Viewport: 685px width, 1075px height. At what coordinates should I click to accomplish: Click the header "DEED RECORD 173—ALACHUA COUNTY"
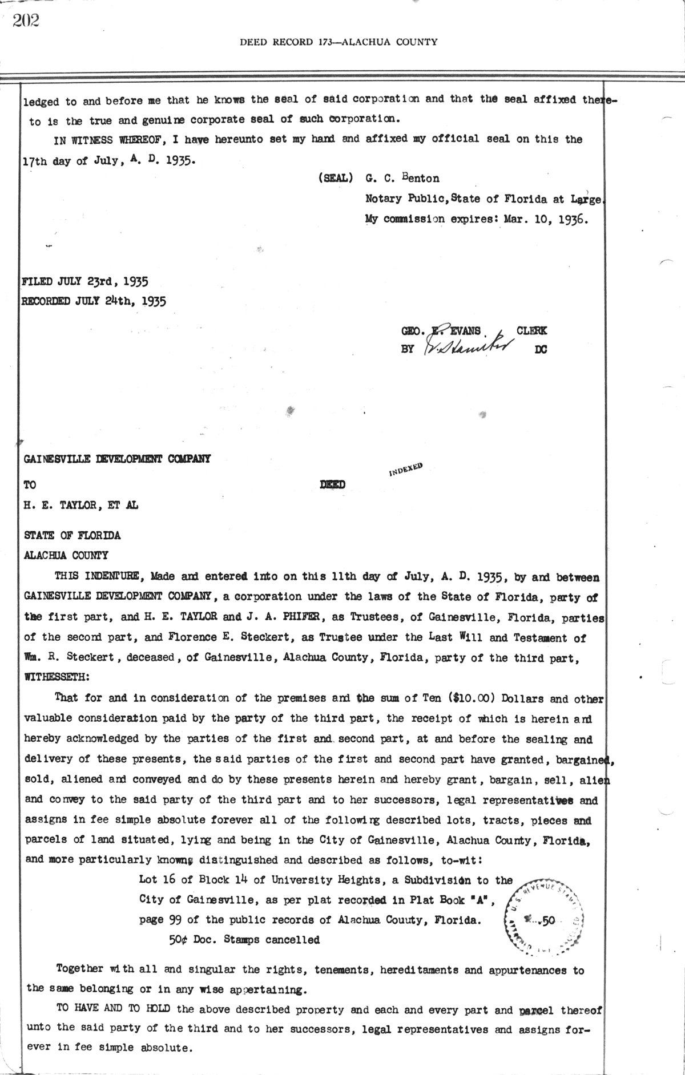pos(339,42)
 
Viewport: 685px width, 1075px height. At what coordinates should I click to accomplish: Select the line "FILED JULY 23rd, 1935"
pos(85,281)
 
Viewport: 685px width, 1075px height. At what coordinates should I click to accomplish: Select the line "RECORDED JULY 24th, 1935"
pos(94,301)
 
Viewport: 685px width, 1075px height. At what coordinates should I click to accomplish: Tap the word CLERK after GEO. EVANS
pos(531,330)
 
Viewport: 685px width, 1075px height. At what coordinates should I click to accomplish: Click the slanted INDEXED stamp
pos(406,469)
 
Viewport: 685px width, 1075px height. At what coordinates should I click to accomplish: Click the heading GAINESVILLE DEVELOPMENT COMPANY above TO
pos(117,459)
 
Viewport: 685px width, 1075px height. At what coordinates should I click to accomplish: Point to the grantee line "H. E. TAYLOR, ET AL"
pos(80,505)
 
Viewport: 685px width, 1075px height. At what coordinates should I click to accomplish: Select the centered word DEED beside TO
pos(332,485)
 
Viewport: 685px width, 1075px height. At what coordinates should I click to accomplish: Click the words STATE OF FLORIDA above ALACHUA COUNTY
pos(72,535)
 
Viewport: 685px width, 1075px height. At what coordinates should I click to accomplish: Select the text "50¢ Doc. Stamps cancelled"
pos(244,939)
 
